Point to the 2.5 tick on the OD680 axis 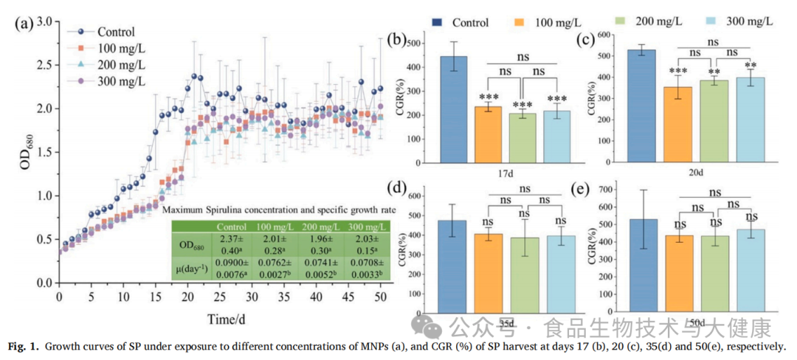(45, 65)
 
